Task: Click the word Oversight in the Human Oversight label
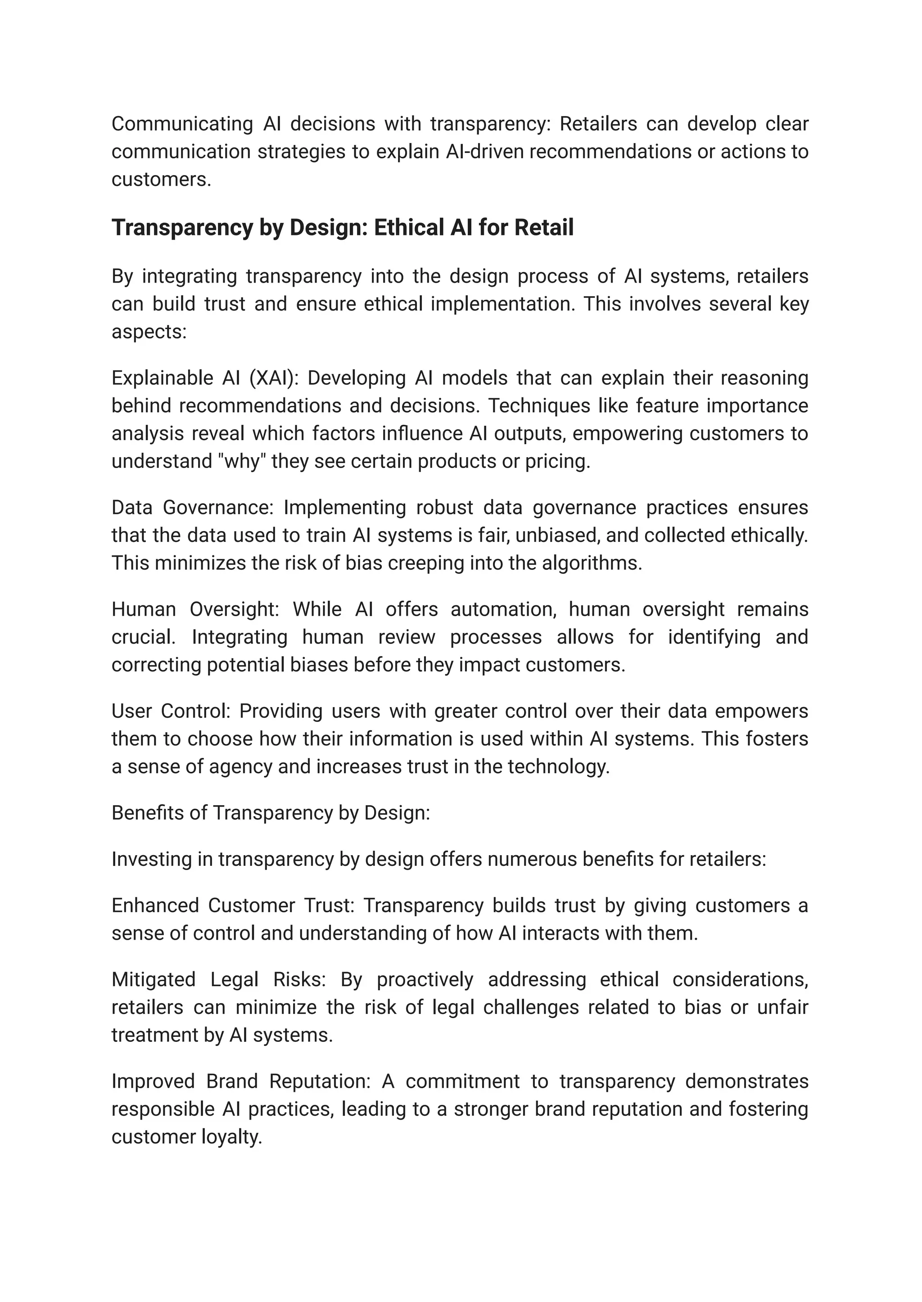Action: point(234,609)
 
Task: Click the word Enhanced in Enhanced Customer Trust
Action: point(155,905)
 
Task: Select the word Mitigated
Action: point(153,980)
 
